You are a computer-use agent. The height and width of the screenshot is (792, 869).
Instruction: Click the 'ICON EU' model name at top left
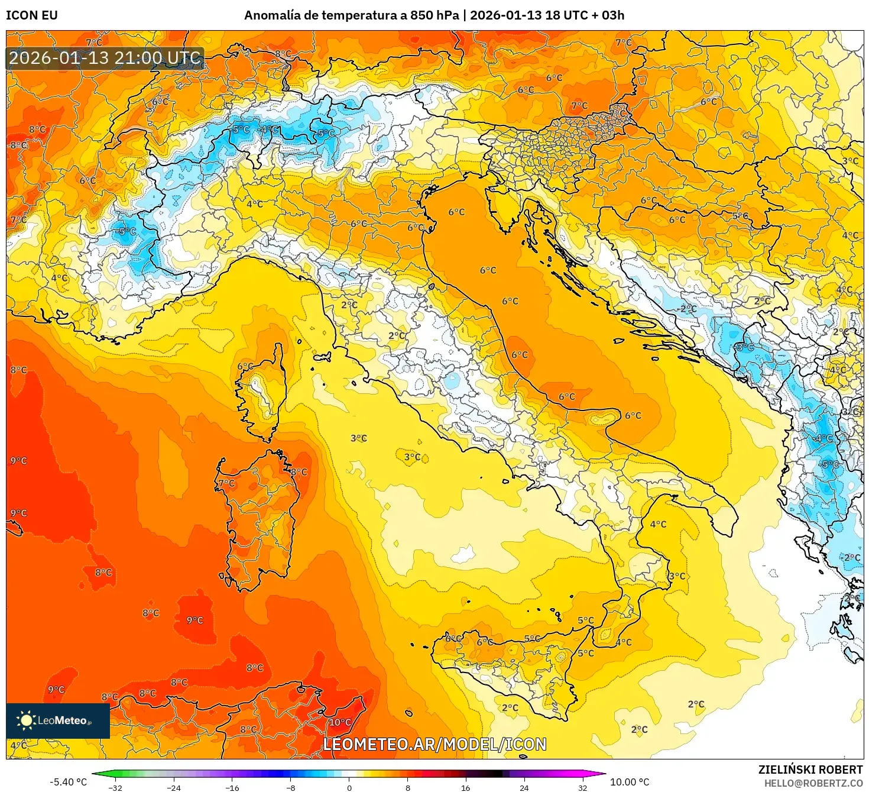(32, 15)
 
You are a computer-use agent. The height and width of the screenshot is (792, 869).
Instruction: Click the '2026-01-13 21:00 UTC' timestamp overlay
(105, 58)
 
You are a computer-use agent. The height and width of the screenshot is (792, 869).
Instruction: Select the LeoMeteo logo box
(58, 720)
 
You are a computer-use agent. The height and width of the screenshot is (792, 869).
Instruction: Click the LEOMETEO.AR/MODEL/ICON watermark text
(434, 744)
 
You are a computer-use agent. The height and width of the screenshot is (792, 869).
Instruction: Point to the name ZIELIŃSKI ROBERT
(810, 770)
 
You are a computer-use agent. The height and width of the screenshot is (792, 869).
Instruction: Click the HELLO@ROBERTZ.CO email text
(813, 783)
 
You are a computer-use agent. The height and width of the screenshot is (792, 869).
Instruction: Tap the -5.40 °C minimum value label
(68, 782)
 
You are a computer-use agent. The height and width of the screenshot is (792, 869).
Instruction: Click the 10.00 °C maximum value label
(629, 782)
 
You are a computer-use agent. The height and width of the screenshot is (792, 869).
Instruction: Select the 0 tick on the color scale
(349, 787)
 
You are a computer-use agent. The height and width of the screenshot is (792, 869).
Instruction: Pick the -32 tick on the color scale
(115, 787)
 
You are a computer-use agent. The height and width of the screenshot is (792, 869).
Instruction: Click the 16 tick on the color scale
(465, 787)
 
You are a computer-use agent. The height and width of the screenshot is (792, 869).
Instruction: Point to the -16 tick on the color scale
(232, 787)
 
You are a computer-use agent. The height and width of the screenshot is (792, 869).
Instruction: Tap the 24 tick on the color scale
(524, 787)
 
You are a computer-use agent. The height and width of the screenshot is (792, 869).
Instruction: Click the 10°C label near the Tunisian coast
(340, 722)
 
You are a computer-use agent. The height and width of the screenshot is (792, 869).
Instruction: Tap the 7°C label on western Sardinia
(226, 483)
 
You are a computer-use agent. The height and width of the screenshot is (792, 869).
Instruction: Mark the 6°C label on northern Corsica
(245, 367)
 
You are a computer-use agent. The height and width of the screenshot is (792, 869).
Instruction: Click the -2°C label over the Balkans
(688, 309)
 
